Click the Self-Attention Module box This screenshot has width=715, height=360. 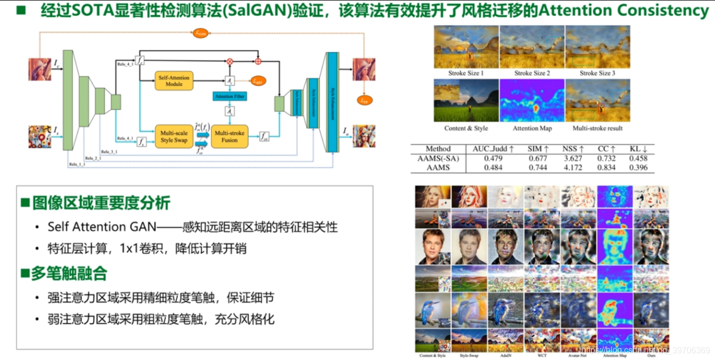click(173, 81)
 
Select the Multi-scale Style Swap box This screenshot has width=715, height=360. click(174, 137)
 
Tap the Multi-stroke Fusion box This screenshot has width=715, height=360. click(230, 137)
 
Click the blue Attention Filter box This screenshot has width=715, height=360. click(230, 97)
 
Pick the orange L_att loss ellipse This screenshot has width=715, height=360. click(257, 81)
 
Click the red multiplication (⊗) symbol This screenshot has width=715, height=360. click(230, 61)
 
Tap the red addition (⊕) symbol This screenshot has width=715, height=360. click(258, 61)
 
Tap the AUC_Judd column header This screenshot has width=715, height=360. click(492, 149)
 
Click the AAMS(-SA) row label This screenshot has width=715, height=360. click(437, 158)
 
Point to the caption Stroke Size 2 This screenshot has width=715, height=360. click(532, 73)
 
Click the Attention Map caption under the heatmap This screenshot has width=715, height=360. click(532, 128)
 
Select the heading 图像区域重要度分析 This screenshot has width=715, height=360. click(101, 203)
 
